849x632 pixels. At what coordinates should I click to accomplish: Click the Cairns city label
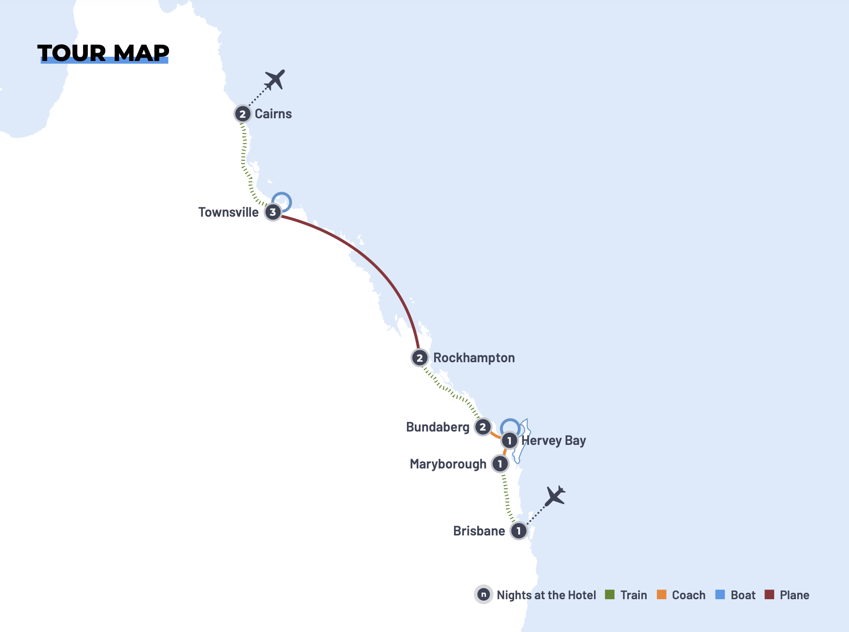pyautogui.click(x=273, y=114)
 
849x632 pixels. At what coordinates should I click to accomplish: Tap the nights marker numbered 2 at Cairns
pyautogui.click(x=243, y=114)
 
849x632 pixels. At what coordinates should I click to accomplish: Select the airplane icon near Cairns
pyautogui.click(x=275, y=79)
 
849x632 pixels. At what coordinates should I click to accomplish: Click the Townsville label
pyautogui.click(x=228, y=212)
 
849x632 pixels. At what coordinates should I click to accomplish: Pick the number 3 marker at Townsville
pyautogui.click(x=273, y=213)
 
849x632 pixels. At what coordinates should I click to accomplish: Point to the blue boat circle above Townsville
pyautogui.click(x=281, y=202)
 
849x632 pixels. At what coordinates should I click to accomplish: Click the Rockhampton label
pyautogui.click(x=474, y=358)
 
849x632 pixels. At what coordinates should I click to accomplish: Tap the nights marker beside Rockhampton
pyautogui.click(x=419, y=358)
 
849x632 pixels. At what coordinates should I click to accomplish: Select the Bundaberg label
pyautogui.click(x=437, y=427)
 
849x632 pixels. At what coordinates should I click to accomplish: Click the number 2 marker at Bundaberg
pyautogui.click(x=483, y=427)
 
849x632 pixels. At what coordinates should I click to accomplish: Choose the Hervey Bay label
pyautogui.click(x=554, y=440)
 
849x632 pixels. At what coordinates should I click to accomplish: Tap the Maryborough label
pyautogui.click(x=448, y=464)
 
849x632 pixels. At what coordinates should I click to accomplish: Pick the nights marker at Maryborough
pyautogui.click(x=500, y=464)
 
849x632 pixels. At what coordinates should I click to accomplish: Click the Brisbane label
pyautogui.click(x=479, y=531)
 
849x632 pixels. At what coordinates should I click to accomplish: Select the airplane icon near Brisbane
pyautogui.click(x=555, y=496)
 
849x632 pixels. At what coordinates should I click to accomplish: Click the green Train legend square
pyautogui.click(x=610, y=595)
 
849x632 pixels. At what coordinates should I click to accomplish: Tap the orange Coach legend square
pyautogui.click(x=661, y=595)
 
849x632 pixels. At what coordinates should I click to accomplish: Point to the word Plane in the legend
pyautogui.click(x=794, y=595)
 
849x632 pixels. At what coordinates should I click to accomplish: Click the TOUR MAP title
pyautogui.click(x=103, y=53)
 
